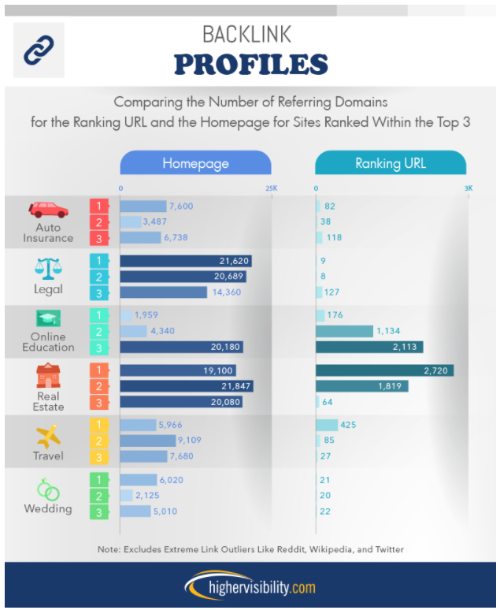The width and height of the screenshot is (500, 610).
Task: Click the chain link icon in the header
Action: [x=39, y=50]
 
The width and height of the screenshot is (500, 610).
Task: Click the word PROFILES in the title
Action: [x=250, y=64]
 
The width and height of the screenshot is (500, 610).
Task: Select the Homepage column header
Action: [x=195, y=163]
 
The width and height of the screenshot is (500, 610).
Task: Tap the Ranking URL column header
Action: [x=391, y=163]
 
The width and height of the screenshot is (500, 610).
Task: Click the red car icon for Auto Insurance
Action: [x=49, y=210]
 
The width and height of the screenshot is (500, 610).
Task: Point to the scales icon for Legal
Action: [x=48, y=268]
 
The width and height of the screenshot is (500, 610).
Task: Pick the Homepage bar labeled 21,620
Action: [x=186, y=261]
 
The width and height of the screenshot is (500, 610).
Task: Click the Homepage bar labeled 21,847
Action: [x=187, y=385]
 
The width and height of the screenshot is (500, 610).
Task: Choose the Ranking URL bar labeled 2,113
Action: [x=369, y=347]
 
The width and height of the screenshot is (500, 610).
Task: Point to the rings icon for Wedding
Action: [x=49, y=490]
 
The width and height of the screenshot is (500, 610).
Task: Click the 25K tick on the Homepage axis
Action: [x=271, y=188]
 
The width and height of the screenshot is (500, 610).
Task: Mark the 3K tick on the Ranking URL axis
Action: [x=468, y=188]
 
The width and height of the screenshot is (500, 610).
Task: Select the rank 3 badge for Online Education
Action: [x=99, y=347]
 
